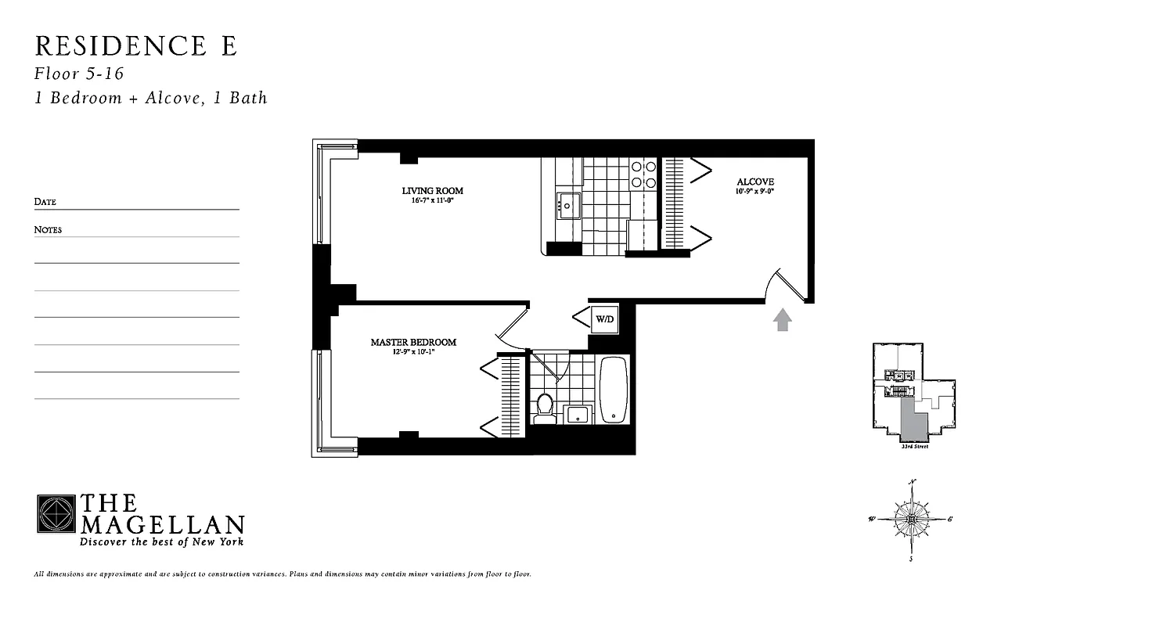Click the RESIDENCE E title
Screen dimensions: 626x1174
[135, 46]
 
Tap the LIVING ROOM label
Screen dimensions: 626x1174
[432, 191]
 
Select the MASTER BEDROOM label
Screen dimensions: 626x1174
[413, 343]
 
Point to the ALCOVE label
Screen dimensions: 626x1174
[754, 182]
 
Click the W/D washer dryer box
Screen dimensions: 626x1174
[604, 318]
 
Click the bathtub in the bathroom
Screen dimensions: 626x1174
[614, 390]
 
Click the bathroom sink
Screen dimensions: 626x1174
[578, 414]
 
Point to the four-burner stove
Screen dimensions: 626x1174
[643, 174]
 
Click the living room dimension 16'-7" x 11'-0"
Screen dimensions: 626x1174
[432, 201]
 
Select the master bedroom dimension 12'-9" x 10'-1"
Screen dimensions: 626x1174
[413, 352]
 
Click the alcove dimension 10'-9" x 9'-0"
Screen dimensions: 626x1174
[754, 192]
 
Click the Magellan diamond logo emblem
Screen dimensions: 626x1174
[56, 514]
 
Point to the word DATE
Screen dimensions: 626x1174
[45, 202]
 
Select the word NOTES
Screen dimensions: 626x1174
[48, 230]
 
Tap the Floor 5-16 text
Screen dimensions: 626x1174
[79, 74]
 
